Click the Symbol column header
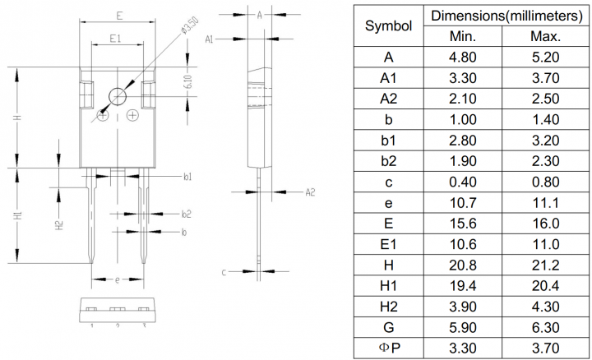click(388, 26)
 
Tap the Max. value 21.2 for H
click(545, 265)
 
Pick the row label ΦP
click(388, 348)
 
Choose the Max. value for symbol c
click(545, 182)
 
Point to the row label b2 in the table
click(388, 161)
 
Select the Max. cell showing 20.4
click(545, 285)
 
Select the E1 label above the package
click(115, 38)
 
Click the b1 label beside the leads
click(187, 177)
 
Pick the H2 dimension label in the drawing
click(58, 224)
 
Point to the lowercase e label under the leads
click(117, 279)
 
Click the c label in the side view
click(224, 270)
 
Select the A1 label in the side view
click(209, 39)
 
